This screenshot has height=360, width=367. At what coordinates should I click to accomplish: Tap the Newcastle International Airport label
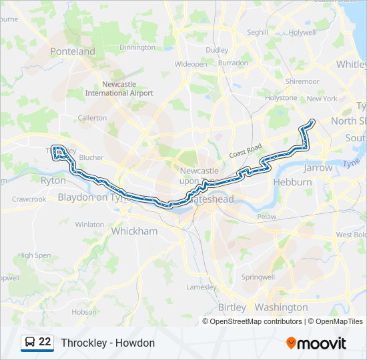(x=127, y=89)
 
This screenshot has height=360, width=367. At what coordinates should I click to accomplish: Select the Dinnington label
(x=137, y=47)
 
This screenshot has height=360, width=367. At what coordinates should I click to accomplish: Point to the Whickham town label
(x=134, y=231)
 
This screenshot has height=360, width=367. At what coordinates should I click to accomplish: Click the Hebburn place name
(x=292, y=181)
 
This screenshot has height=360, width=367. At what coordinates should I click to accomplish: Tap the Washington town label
(x=282, y=307)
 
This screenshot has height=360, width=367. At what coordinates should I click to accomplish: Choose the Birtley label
(x=232, y=307)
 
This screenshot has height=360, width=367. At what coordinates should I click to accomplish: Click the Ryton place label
(x=53, y=181)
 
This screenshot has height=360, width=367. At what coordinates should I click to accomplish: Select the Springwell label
(x=258, y=277)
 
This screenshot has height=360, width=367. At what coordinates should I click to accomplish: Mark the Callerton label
(x=92, y=118)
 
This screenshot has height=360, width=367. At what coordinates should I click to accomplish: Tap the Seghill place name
(x=258, y=32)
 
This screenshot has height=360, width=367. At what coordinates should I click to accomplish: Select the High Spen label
(x=34, y=255)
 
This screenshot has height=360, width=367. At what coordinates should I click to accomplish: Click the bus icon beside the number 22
(x=30, y=343)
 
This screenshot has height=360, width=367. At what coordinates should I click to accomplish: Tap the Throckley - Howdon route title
(x=107, y=343)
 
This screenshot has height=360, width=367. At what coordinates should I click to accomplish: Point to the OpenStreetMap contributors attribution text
(x=256, y=321)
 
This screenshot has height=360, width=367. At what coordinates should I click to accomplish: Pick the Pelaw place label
(x=266, y=217)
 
